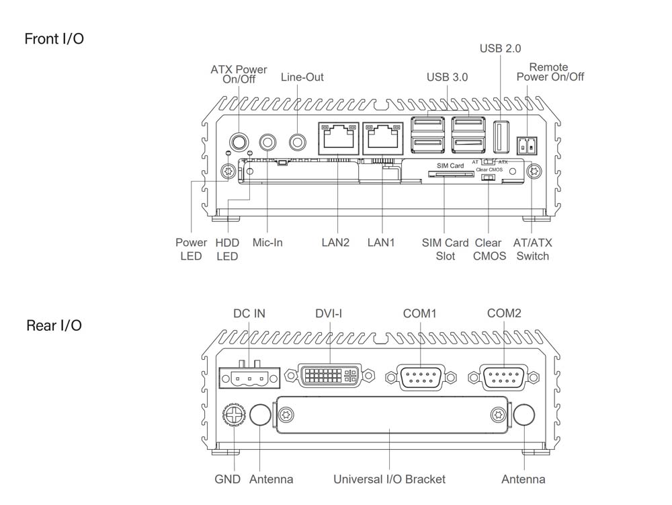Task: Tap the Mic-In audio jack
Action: [x=268, y=142]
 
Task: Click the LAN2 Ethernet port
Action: [x=336, y=139]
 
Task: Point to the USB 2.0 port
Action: [x=501, y=137]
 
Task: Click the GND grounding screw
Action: [x=233, y=416]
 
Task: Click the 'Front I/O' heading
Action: [x=54, y=39]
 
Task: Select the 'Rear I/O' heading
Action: [x=54, y=325]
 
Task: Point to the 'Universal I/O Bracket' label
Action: [x=389, y=479]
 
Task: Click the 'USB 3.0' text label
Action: [x=447, y=77]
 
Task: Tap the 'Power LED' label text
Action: [x=191, y=249]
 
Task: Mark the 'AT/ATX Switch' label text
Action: [x=532, y=249]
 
